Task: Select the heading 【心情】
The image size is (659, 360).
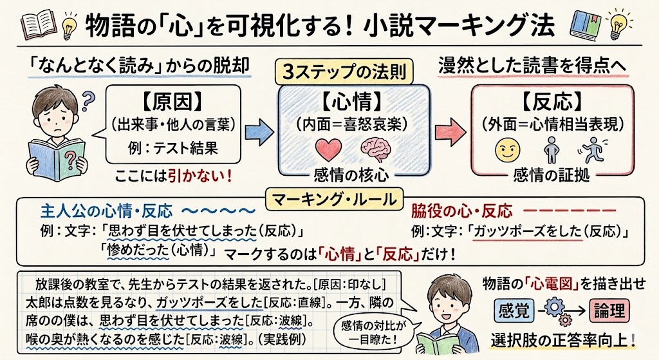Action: tap(351, 101)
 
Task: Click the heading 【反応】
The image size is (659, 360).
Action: tap(552, 101)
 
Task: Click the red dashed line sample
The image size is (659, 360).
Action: tap(569, 211)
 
